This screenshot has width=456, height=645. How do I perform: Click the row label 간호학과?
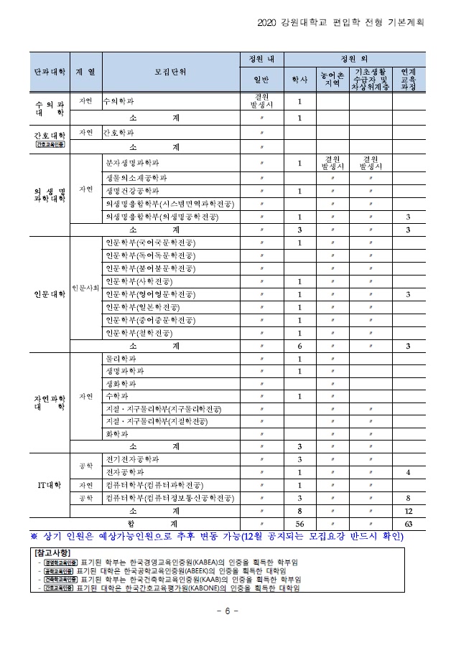[x=118, y=133]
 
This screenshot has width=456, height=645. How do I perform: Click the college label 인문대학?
[x=50, y=294]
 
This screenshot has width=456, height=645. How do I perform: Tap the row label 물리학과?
[x=121, y=358]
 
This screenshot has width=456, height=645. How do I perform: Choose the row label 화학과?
[x=118, y=434]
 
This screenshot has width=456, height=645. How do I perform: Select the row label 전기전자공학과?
[x=132, y=459]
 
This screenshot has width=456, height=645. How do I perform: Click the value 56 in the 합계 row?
[x=299, y=524]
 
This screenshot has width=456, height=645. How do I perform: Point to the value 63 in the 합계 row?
[x=408, y=524]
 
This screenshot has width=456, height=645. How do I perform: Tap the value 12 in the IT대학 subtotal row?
[x=408, y=511]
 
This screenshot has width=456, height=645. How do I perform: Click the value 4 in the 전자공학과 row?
[x=408, y=472]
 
